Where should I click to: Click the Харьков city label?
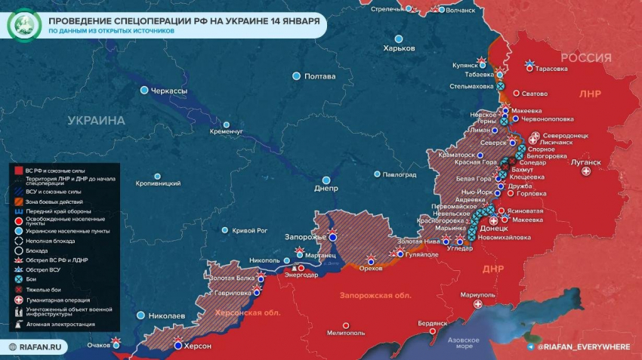pyautogui.click(x=400, y=48)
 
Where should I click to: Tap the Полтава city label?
pyautogui.click(x=319, y=76)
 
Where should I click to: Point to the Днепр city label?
pyautogui.click(x=326, y=188)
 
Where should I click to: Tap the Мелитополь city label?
pyautogui.click(x=347, y=332)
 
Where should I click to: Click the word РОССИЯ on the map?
pyautogui.click(x=585, y=58)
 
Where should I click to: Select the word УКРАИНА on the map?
pyautogui.click(x=96, y=120)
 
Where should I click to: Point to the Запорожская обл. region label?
pyautogui.click(x=375, y=295)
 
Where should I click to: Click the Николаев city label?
pyautogui.click(x=165, y=315)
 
